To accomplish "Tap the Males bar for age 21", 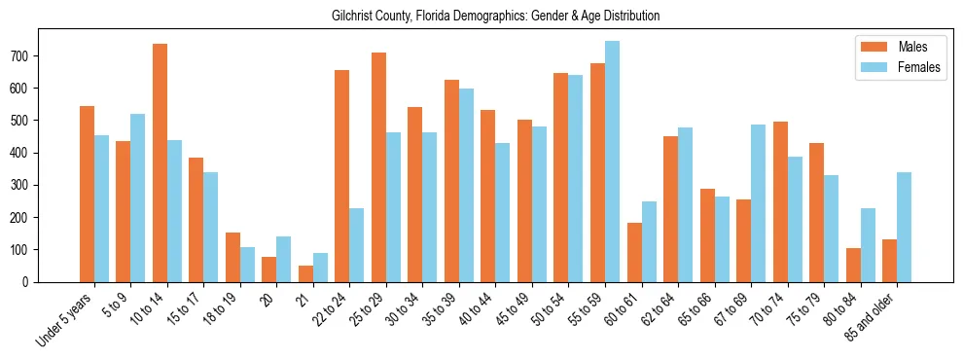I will [x=305, y=273].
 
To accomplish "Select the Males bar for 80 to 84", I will [x=853, y=265].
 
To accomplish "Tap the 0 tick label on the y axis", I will [x=30, y=282].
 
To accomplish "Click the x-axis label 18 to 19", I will [x=222, y=306].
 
